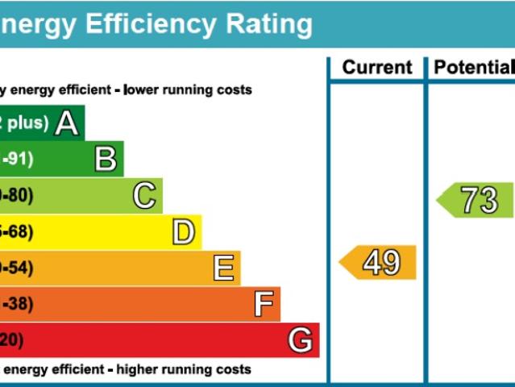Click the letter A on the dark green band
point(67,123)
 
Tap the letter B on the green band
point(106,160)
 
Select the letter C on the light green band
point(144,196)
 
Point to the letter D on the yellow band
point(184,233)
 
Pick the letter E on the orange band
point(223,268)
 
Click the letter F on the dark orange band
point(263,305)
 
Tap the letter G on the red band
point(301,340)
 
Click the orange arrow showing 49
point(378,263)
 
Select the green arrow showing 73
point(476,200)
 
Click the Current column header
point(377,68)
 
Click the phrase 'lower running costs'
point(188,90)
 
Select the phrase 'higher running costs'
point(184,370)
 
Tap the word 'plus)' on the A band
point(28,123)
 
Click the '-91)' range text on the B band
point(18,160)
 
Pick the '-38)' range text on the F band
point(18,305)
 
